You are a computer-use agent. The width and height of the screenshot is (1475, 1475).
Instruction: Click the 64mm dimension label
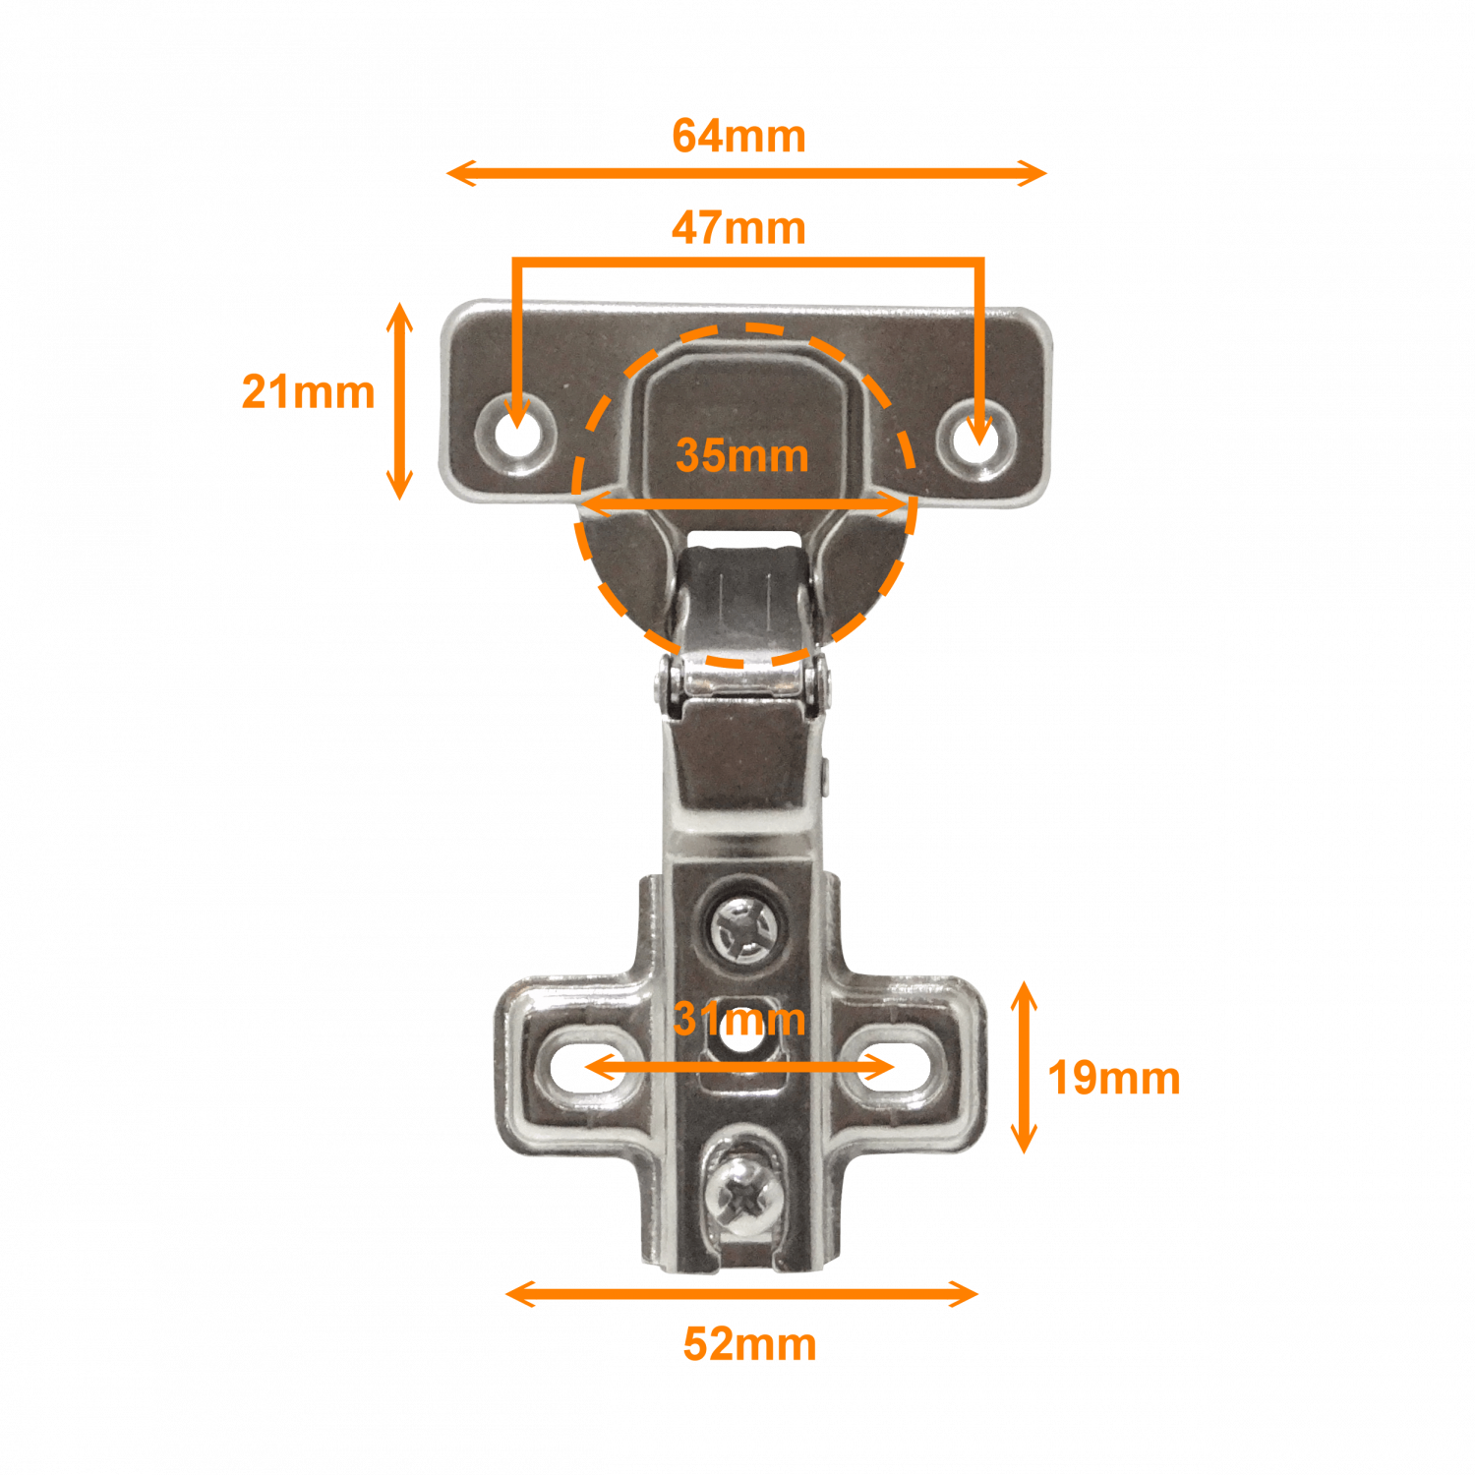point(738,136)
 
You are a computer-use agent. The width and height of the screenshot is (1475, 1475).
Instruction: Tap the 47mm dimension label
point(738,227)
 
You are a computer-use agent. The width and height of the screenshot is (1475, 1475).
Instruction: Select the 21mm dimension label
point(308,391)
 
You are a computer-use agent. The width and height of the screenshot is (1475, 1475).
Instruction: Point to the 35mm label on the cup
point(742,455)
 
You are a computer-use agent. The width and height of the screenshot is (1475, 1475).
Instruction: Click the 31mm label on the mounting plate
point(739,1019)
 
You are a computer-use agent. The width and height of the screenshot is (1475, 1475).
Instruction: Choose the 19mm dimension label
point(1114,1078)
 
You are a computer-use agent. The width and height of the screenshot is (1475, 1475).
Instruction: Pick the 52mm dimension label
point(749,1344)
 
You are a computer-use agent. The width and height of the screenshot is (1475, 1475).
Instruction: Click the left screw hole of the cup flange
point(515,434)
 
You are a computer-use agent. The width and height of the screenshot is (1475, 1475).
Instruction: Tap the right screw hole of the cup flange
point(978,440)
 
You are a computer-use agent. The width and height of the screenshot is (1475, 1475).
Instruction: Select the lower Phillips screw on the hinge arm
point(743,1193)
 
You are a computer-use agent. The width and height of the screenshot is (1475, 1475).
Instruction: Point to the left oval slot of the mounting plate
point(589,1067)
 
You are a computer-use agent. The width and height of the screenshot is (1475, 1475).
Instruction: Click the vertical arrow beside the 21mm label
point(398,401)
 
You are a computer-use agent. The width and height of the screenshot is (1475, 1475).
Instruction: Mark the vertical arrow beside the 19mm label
point(1024,1067)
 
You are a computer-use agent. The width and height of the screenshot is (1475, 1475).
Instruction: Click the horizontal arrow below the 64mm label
point(746,173)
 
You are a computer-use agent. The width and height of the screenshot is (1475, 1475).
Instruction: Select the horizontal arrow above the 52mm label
point(741,1294)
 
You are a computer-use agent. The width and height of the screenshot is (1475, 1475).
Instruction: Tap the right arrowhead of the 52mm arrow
point(965,1294)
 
